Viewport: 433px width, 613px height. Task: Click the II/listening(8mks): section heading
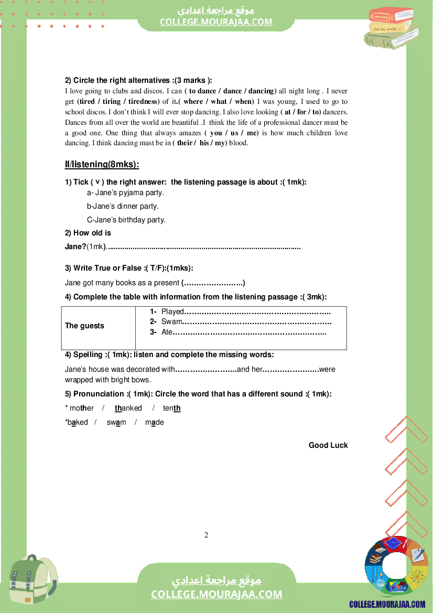(102, 165)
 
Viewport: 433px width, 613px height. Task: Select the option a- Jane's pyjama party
(125, 192)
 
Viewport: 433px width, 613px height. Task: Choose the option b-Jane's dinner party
(123, 206)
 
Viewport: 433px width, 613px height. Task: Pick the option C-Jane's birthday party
(126, 220)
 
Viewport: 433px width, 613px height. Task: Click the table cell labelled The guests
(84, 326)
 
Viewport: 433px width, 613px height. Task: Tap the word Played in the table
(172, 311)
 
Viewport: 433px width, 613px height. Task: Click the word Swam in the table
(171, 321)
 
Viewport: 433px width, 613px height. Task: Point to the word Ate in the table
(167, 331)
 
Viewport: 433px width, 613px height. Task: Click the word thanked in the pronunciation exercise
(128, 408)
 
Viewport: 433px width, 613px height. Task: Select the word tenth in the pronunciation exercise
(171, 408)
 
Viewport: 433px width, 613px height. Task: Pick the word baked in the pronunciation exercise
(77, 422)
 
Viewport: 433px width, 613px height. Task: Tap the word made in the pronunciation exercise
(154, 422)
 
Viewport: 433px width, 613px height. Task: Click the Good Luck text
(328, 445)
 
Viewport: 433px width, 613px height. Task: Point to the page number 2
(206, 535)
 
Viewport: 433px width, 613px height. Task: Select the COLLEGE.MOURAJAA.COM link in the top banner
(216, 21)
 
